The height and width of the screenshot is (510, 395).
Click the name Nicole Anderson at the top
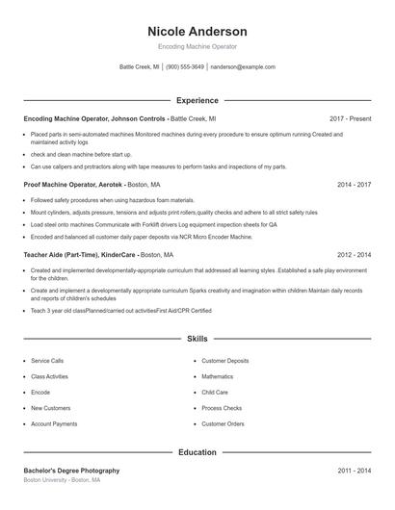[197, 32]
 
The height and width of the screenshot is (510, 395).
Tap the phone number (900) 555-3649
[186, 67]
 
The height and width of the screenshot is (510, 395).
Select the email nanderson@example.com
[243, 67]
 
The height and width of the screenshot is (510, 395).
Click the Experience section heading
[197, 100]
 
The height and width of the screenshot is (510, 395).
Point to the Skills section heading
[197, 339]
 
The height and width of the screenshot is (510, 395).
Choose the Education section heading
[197, 451]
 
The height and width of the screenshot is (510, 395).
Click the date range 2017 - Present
[350, 118]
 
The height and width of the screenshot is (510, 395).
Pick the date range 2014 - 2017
[354, 184]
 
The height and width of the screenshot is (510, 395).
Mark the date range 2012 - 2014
[354, 255]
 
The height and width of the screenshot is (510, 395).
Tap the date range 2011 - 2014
[354, 471]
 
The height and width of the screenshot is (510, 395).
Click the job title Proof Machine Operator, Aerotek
[73, 184]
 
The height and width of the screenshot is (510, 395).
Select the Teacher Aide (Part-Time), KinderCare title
[81, 255]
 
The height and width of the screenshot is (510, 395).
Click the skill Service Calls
[47, 361]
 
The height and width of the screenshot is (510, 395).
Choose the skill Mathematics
[218, 376]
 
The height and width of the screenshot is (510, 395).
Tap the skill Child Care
[215, 393]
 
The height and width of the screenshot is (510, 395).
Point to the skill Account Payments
[54, 424]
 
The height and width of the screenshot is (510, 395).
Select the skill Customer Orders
[223, 424]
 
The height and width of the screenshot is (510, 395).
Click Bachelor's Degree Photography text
[71, 471]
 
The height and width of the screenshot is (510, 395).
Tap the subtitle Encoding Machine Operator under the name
[197, 46]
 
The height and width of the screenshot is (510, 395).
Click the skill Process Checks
[222, 408]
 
